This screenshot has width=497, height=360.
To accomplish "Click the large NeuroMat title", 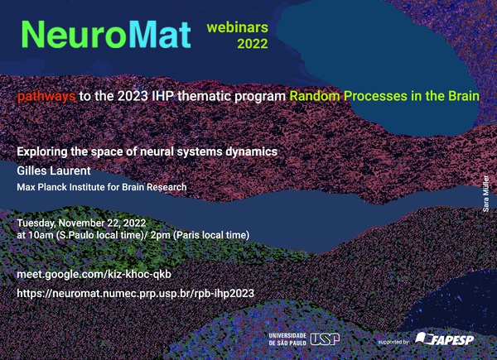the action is click(x=106, y=35).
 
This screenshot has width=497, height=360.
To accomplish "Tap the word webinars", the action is click(x=238, y=27).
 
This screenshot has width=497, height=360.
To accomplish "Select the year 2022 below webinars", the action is click(x=253, y=44).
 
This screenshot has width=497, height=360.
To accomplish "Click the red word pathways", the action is click(x=46, y=96).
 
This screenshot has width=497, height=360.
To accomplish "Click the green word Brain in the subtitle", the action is click(x=464, y=96).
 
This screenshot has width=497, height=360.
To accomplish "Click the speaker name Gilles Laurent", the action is click(x=54, y=170).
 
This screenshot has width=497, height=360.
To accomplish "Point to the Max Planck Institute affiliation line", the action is click(x=102, y=187).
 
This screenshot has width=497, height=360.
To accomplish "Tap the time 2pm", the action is click(x=161, y=235).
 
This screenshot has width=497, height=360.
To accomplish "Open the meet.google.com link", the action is click(x=94, y=274).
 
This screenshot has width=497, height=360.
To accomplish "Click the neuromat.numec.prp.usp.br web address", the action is click(x=136, y=293).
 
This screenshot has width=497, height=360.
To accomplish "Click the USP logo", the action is click(x=325, y=339).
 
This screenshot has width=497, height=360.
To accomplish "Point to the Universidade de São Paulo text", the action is click(x=287, y=339).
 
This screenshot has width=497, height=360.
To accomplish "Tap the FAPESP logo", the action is click(x=444, y=338).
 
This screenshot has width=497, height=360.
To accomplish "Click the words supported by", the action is click(x=393, y=342).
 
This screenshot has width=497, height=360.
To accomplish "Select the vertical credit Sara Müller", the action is click(x=486, y=194).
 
